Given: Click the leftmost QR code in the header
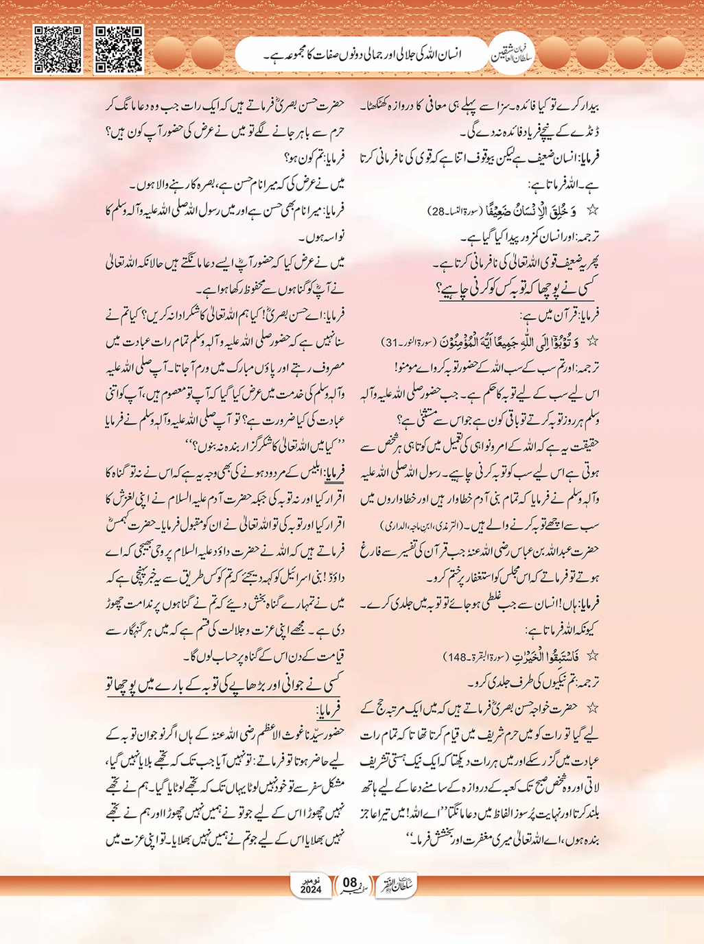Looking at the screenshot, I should click(58, 49).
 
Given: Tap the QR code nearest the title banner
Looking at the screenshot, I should click(118, 49).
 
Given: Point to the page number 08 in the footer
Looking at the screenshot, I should click(350, 882).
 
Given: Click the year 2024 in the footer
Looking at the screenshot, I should click(311, 890).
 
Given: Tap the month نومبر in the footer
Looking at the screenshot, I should click(311, 880).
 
